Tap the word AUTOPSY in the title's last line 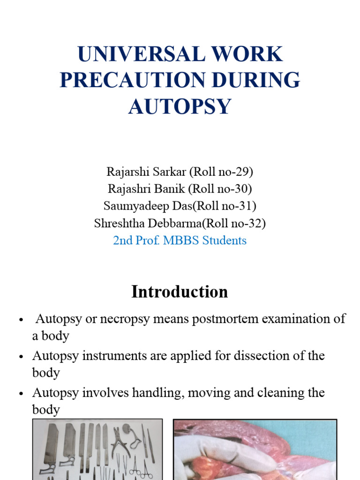[180, 106]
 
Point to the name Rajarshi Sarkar [146, 172]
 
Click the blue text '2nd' [123, 240]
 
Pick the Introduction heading [180, 292]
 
